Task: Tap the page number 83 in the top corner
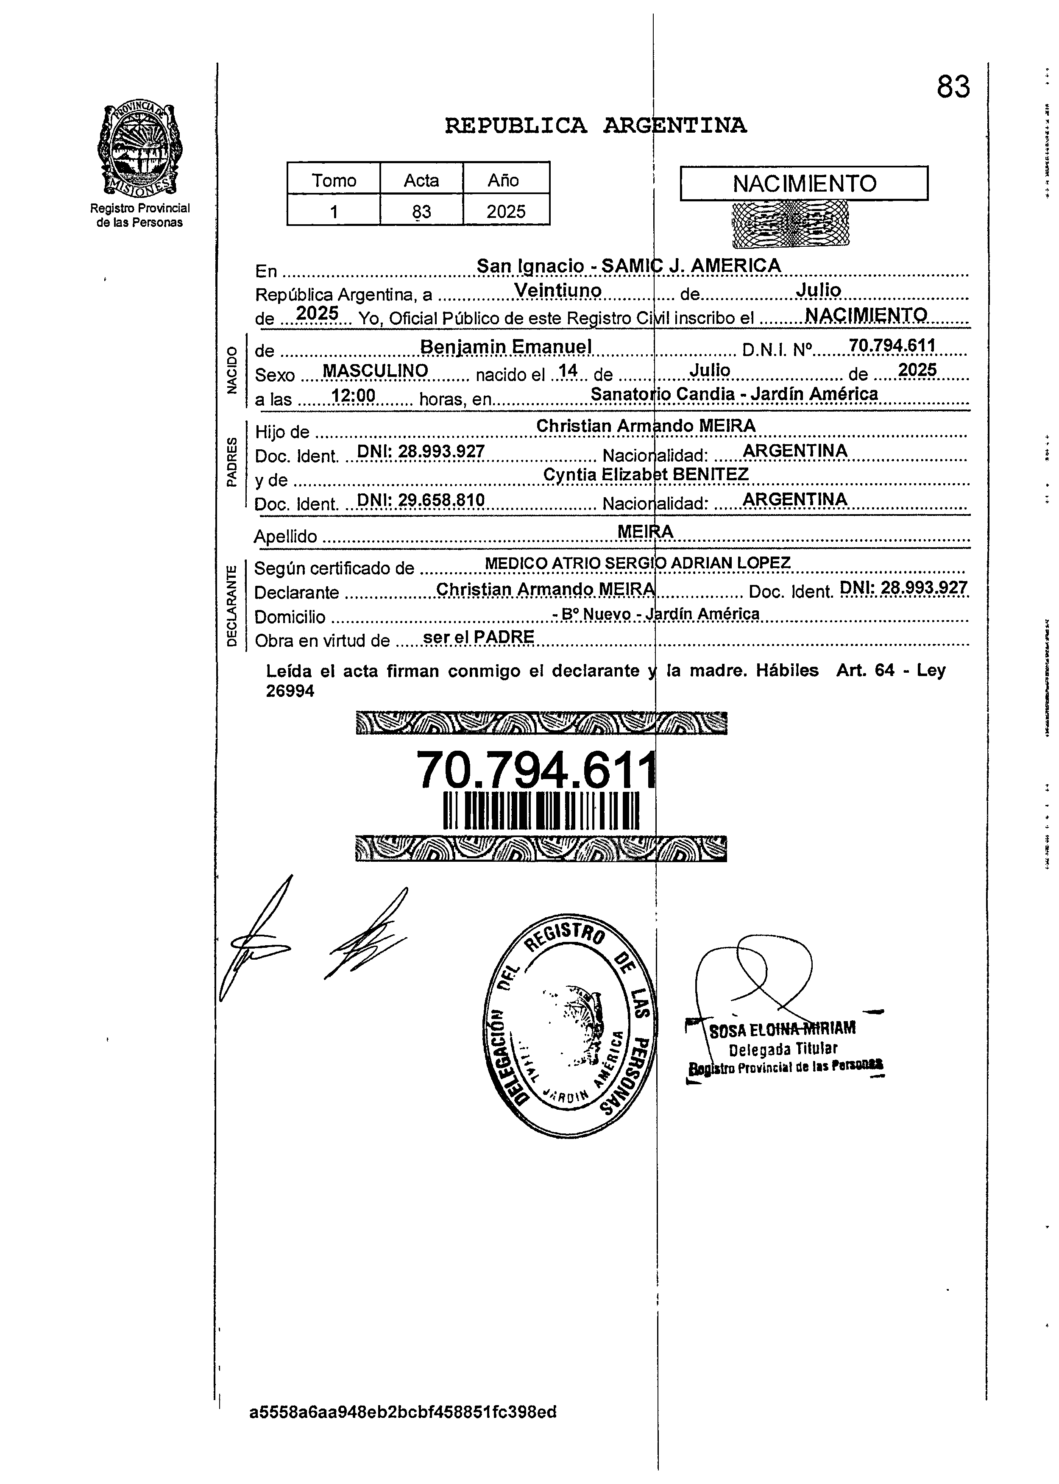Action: coord(953,87)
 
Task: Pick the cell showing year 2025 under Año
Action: coord(506,211)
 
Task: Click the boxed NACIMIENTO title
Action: coord(804,183)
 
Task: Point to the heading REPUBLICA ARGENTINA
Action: coord(595,125)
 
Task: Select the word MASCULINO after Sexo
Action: coord(376,370)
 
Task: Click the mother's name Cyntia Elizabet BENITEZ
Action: coord(646,475)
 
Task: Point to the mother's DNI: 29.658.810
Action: coord(421,500)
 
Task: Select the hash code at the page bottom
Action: coord(403,1412)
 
